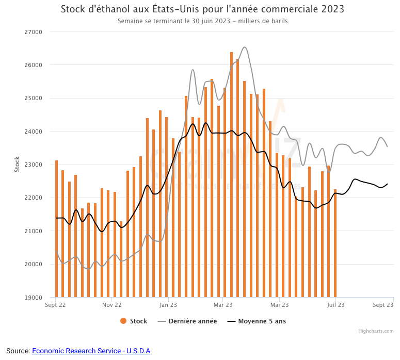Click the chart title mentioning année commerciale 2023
point(202,9)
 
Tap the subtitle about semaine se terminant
point(202,22)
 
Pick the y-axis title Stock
point(17,164)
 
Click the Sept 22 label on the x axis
point(56,305)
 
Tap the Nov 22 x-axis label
point(111,305)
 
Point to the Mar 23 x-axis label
point(222,305)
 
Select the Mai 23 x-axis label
point(279,305)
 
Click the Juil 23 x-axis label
point(335,305)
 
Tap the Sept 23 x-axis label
point(383,305)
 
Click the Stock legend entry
point(134,321)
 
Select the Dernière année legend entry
point(187,321)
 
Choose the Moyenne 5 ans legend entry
point(257,321)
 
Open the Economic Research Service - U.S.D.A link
point(91,351)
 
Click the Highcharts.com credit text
point(376,331)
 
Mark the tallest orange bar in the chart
point(231,175)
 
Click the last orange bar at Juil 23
point(335,242)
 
